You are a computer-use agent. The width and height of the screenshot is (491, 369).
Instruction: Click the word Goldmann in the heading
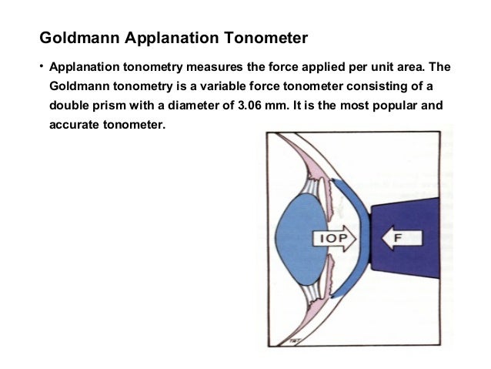(x=75, y=37)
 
